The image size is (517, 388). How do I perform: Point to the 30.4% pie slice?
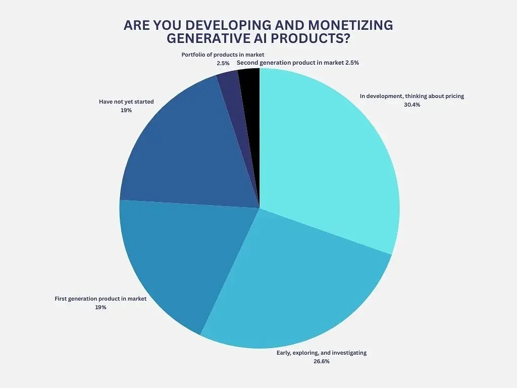[328, 157]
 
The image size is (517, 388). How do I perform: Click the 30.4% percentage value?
[412, 105]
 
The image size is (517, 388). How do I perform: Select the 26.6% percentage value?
[321, 361]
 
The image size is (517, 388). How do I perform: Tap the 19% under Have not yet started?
[126, 110]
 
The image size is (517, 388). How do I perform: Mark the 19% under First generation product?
[100, 307]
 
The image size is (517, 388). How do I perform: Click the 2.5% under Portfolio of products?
[223, 63]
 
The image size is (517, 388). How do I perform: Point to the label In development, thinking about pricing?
[411, 96]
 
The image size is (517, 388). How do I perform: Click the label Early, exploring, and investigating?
[321, 353]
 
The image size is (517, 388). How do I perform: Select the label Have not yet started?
[126, 102]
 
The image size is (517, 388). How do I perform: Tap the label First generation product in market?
[100, 299]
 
